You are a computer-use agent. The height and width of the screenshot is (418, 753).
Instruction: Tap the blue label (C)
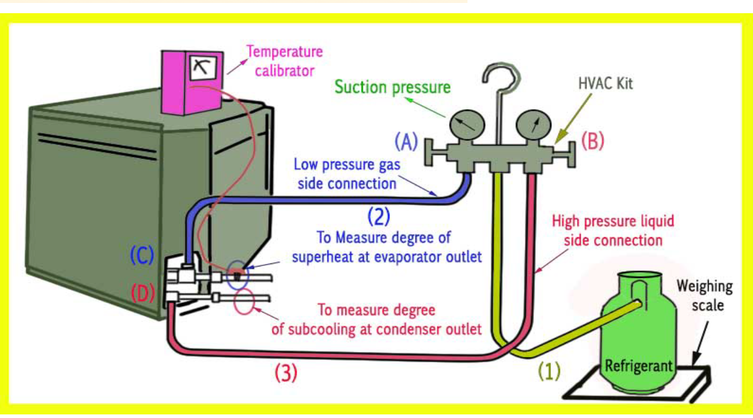tap(142, 256)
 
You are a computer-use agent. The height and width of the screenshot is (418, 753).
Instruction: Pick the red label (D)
tap(142, 293)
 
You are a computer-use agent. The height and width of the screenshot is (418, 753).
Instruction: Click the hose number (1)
tap(549, 372)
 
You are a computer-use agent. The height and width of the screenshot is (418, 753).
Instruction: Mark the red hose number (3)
tap(286, 373)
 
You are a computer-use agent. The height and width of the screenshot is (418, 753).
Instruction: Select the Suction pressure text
tap(392, 87)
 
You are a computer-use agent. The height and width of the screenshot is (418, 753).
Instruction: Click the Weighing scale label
tap(705, 296)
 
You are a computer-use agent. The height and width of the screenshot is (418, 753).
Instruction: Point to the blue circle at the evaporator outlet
tap(238, 275)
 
